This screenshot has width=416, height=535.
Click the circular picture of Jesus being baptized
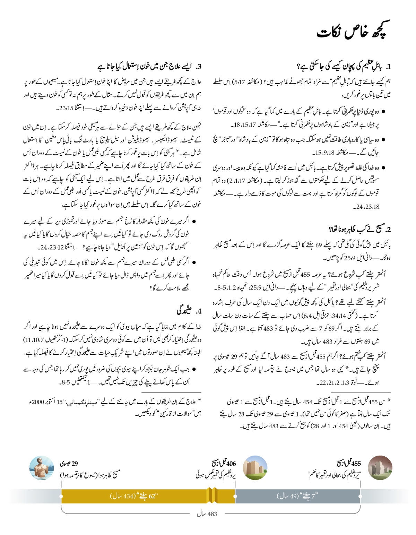tap(42, 468)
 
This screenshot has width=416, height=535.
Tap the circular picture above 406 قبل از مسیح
tap(255, 468)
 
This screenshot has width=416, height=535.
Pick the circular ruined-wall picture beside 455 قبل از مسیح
tap(380, 468)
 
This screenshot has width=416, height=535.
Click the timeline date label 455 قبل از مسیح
tap(349, 463)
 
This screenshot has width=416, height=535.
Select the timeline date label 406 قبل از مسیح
tap(224, 463)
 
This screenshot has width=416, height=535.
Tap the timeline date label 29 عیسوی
tap(69, 464)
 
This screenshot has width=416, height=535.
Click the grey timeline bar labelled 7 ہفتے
tap(297, 496)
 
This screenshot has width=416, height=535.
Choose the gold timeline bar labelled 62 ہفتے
tap(134, 496)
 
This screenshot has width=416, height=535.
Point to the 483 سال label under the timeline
tap(207, 514)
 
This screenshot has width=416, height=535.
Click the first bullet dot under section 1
tap(383, 112)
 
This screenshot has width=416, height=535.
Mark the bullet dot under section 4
tap(194, 370)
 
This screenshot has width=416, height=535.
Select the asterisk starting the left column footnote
tap(199, 402)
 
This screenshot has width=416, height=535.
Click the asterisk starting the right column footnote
tap(389, 402)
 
